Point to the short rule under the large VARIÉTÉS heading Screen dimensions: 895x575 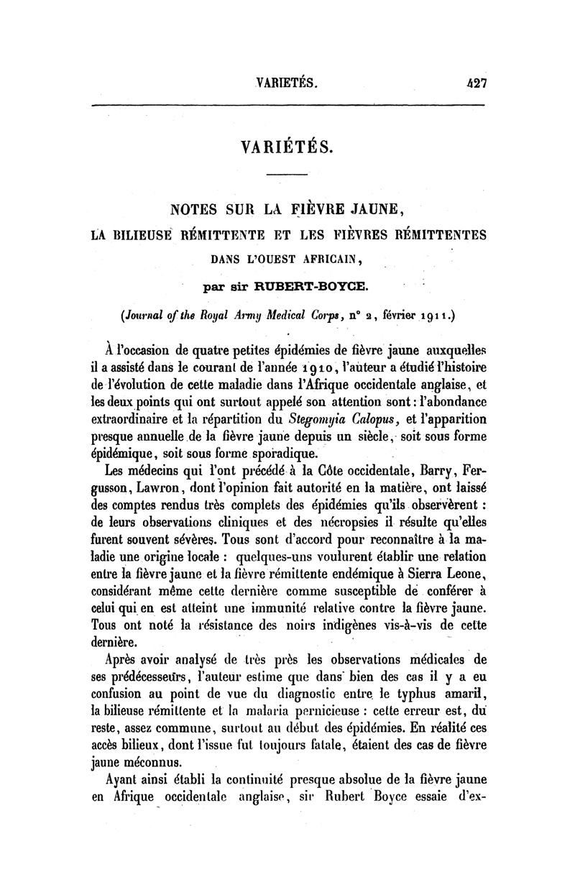[x=287, y=175]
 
